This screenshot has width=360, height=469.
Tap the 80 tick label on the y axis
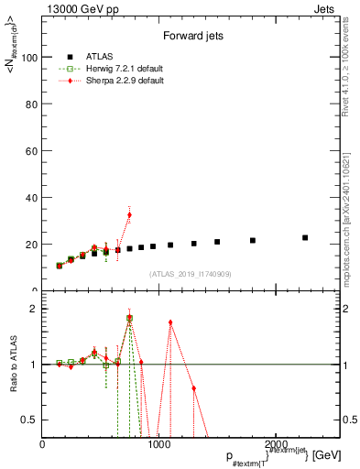tap(32, 104)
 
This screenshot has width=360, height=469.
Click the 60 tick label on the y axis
tap(32, 150)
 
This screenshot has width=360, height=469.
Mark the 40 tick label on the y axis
tap(32, 198)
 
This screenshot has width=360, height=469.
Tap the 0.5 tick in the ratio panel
tap(30, 420)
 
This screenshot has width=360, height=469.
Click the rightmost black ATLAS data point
tap(305, 237)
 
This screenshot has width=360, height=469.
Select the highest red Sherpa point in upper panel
tap(129, 214)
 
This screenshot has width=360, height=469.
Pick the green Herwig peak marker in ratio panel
tap(129, 318)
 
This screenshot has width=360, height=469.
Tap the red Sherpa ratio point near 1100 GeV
tap(170, 322)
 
